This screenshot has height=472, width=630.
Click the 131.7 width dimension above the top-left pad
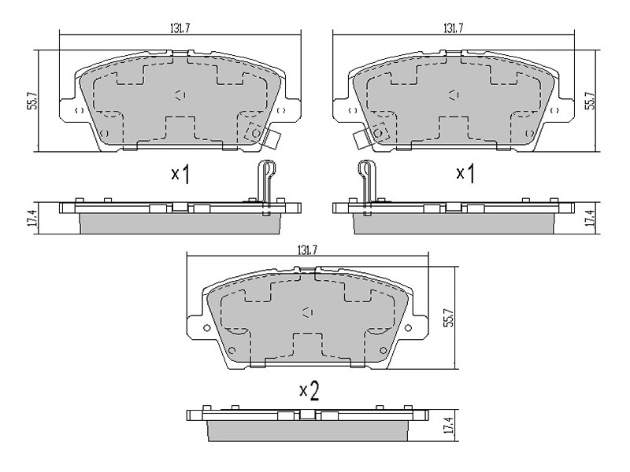180,28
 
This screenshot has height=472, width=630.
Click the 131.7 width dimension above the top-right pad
454,28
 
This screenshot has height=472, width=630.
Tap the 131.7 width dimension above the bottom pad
308,250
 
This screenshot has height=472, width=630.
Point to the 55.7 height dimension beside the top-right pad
590,101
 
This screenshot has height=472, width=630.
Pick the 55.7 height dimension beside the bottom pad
449,318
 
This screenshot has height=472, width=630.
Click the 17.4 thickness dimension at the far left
34,219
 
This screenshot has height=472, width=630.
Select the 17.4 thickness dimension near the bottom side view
450,426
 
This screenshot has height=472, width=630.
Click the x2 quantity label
309,391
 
